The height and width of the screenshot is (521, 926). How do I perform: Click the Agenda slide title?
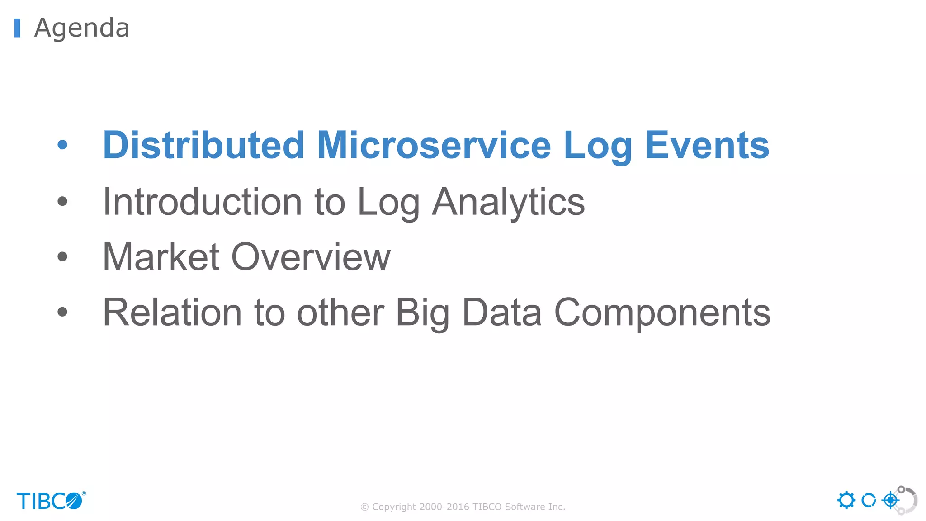tap(82, 28)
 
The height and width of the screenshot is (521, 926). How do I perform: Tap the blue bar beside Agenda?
tap(17, 28)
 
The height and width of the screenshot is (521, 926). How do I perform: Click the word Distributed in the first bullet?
tap(203, 145)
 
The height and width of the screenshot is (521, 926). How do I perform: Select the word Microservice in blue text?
tap(434, 145)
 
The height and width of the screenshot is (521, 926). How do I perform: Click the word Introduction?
tap(202, 202)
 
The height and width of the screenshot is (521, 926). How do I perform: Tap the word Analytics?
tap(508, 203)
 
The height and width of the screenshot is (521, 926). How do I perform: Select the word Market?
tap(161, 257)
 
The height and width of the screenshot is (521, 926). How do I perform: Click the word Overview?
tap(311, 257)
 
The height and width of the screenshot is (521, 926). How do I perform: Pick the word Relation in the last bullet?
tap(172, 313)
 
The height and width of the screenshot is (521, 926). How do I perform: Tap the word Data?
tap(502, 313)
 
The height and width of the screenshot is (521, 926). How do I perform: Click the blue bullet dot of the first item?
tap(62, 145)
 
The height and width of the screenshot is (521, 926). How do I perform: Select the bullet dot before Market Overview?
tap(62, 257)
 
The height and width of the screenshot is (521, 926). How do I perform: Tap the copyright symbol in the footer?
tap(364, 507)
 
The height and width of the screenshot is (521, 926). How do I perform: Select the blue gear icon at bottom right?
tap(846, 500)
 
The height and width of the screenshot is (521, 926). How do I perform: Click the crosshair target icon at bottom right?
tap(890, 500)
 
